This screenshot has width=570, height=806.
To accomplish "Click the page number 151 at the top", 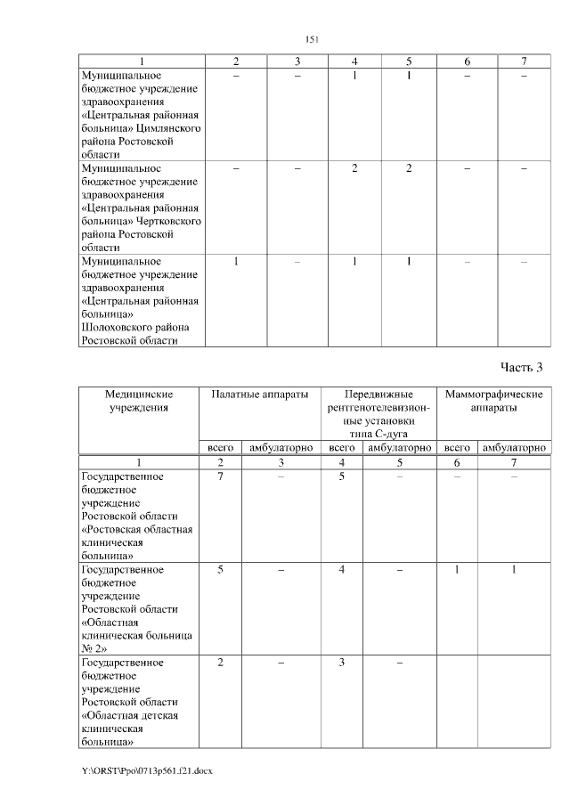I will [x=312, y=39].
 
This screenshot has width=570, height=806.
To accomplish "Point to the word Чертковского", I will [x=169, y=220].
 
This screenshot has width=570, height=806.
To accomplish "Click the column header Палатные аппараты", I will [x=260, y=394].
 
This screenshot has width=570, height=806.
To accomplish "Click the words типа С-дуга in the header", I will [x=379, y=433].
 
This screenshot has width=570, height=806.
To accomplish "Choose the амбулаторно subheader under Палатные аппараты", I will [x=281, y=448].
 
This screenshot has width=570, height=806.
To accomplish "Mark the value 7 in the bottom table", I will [x=220, y=477].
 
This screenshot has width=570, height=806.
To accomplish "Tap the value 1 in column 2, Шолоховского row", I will [x=235, y=262].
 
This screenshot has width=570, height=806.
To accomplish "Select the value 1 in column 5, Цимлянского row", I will [x=408, y=77].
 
